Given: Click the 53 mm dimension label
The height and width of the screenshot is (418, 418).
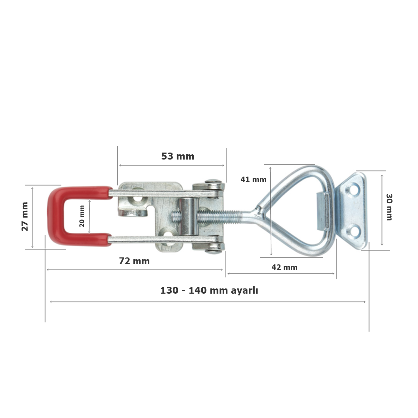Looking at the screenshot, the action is pyautogui.click(x=178, y=156).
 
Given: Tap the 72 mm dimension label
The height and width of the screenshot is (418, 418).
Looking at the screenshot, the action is pyautogui.click(x=134, y=261).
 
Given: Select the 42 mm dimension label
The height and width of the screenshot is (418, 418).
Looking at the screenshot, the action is pyautogui.click(x=284, y=268).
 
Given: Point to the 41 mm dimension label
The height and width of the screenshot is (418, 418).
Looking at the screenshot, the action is pyautogui.click(x=253, y=180).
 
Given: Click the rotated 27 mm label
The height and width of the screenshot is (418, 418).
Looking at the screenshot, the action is pyautogui.click(x=25, y=216).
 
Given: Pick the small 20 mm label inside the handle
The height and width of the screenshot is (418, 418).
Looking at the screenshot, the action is pyautogui.click(x=82, y=216).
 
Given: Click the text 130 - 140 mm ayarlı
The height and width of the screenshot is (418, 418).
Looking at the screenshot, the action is pyautogui.click(x=209, y=291).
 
